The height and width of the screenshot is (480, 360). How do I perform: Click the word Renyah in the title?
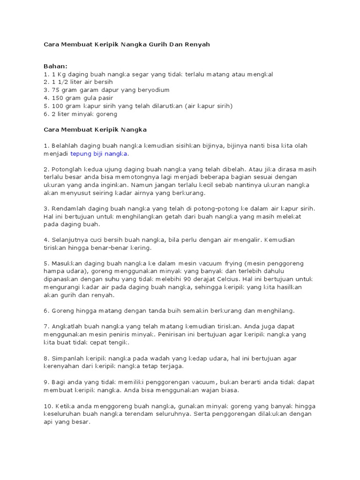(x=197, y=44)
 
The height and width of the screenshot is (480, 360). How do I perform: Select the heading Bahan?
(x=55, y=66)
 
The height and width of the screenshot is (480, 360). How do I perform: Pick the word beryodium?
(x=151, y=90)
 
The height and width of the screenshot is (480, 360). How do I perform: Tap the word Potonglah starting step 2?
(x=68, y=170)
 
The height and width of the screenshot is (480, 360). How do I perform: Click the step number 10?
(x=48, y=406)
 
